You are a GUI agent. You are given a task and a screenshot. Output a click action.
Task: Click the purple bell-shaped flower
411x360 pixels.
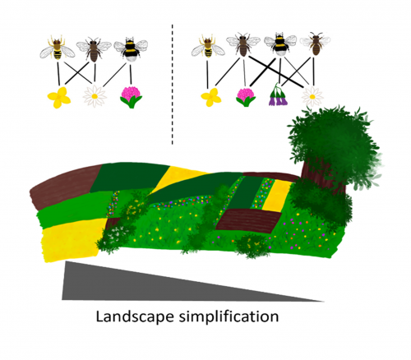(278, 95)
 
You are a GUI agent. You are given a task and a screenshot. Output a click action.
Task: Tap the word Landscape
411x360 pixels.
(135, 316)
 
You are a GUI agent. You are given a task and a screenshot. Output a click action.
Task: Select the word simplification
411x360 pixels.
(229, 316)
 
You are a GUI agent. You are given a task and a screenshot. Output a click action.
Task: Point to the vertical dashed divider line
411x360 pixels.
(173, 85)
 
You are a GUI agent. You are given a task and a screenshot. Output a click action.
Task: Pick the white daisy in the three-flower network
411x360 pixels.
(95, 96)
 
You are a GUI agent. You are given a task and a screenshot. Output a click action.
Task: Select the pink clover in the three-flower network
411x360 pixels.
(132, 97)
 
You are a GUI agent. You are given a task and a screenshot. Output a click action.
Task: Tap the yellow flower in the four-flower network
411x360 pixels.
(211, 97)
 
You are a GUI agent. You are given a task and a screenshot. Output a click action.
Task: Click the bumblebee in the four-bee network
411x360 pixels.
(280, 45)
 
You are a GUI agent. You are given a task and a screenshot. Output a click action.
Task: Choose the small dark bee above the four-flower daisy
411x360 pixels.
(316, 44)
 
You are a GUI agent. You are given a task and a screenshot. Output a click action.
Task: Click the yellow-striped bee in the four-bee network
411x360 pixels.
(208, 47)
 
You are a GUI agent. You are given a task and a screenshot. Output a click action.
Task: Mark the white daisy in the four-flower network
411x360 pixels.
(312, 96)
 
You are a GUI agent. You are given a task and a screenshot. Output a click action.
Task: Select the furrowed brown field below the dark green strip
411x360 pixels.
(248, 220)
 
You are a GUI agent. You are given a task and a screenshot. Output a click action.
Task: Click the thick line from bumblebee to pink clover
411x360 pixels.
(262, 72)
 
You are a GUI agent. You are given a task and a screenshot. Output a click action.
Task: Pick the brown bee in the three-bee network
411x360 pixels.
(94, 49)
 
